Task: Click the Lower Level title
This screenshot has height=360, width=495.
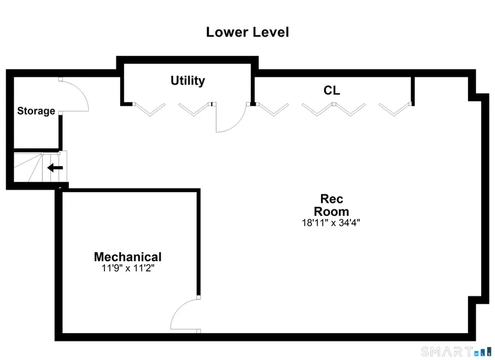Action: tap(247, 32)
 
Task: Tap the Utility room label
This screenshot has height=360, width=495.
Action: tap(188, 80)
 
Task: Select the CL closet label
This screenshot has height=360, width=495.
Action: tap(332, 91)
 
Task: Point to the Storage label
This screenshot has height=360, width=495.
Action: tap(36, 111)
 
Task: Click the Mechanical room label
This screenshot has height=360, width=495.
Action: tap(128, 257)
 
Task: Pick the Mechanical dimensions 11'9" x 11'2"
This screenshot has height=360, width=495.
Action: tap(128, 268)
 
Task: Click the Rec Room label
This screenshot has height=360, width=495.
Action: tap(331, 205)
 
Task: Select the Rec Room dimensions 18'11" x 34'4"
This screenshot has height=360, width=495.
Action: tap(331, 223)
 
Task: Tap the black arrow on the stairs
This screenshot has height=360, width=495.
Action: tap(55, 168)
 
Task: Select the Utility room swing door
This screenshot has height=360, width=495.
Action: tap(230, 119)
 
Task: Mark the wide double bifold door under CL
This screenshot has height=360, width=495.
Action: tap(334, 109)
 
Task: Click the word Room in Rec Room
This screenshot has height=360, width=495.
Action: tap(331, 211)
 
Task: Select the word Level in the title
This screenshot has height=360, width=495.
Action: tap(269, 32)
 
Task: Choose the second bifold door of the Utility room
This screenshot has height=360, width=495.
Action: tap(194, 109)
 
